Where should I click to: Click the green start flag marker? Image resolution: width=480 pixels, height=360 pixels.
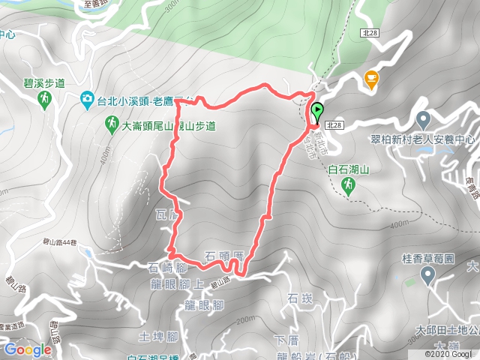(x=316, y=112)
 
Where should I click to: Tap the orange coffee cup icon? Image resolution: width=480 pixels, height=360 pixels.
(x=370, y=77)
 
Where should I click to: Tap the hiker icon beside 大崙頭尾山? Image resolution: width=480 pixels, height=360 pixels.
(x=111, y=121)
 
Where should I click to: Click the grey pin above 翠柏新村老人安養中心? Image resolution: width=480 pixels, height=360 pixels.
(x=422, y=119)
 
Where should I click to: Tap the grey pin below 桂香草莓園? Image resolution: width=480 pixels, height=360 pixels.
(x=427, y=276)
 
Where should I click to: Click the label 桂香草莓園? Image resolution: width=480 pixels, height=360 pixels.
(x=428, y=259)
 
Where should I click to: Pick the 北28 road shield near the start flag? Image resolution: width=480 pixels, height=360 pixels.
(x=335, y=125)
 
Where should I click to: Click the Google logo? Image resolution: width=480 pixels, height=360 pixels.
(x=27, y=349)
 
